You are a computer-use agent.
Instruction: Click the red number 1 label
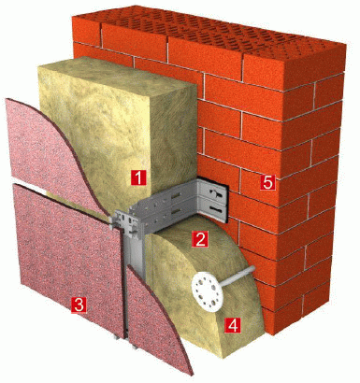138,177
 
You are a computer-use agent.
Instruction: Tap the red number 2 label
199,239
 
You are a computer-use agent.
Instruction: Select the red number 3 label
79,305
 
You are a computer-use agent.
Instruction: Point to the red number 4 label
233,325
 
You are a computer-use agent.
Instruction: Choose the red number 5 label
267,182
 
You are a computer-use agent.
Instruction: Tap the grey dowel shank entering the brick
239,276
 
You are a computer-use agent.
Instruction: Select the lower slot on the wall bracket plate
216,208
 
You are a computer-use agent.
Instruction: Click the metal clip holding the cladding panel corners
124,222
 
